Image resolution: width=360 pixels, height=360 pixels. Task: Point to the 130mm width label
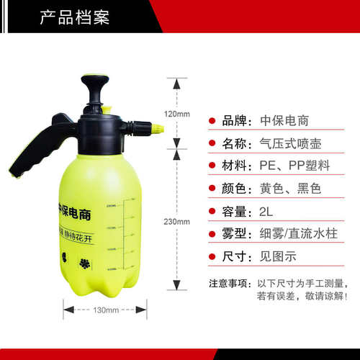pyautogui.click(x=105, y=310)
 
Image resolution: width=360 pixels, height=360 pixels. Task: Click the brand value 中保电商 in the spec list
pyautogui.click(x=284, y=120)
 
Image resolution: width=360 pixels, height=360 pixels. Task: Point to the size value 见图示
pyautogui.click(x=276, y=256)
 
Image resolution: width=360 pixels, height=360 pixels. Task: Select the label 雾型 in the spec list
pyautogui.click(x=238, y=233)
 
